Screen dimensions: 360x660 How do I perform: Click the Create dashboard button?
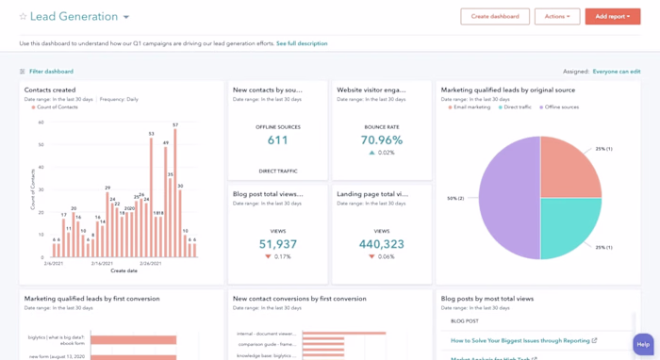(494, 16)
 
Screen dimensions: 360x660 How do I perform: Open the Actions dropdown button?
(556, 16)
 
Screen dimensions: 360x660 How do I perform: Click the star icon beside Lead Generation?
(24, 17)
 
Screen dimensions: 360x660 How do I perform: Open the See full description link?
(302, 43)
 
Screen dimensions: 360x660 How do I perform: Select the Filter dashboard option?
(50, 72)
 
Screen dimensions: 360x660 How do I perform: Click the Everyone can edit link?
(616, 72)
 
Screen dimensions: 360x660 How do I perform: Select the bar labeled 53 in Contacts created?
(151, 198)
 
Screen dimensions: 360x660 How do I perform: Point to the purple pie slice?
(509, 198)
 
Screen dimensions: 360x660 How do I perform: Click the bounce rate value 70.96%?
(381, 140)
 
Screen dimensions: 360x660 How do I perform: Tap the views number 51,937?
(277, 244)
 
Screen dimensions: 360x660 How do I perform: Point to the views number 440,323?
(381, 244)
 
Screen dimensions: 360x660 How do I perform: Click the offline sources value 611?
(277, 140)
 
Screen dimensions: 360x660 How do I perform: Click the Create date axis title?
(124, 270)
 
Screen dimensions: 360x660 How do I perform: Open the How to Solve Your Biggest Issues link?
(520, 340)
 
